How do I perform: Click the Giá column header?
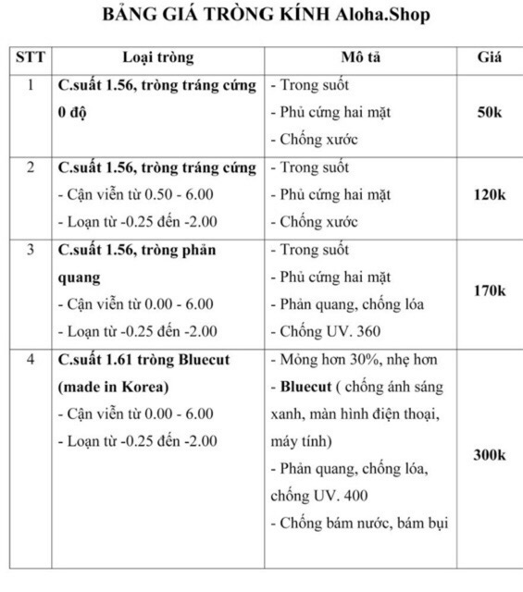[x=489, y=57]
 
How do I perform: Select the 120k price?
[x=489, y=194]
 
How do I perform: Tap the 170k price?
[x=489, y=290]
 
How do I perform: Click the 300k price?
[x=489, y=455]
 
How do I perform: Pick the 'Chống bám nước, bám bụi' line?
[x=359, y=524]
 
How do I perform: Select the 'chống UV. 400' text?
[x=317, y=496]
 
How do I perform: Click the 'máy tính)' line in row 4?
[x=301, y=441]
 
